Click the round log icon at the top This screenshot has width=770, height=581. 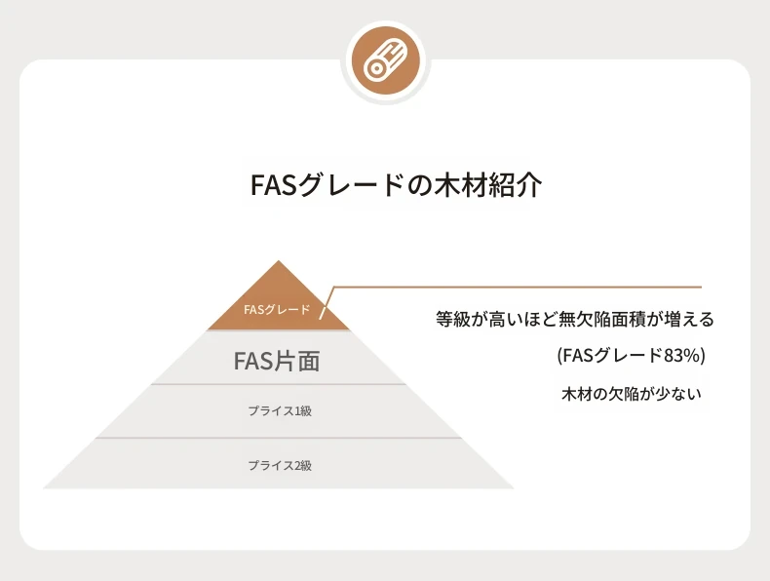[x=386, y=61]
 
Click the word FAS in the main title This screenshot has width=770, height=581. [x=273, y=185]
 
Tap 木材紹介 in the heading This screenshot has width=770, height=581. [x=491, y=185]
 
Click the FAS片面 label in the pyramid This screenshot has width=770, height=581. [x=277, y=361]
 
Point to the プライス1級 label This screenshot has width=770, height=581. [x=280, y=410]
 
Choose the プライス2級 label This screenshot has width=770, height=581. [x=280, y=465]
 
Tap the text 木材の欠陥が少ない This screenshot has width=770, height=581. [x=631, y=394]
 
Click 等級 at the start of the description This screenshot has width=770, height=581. [x=453, y=319]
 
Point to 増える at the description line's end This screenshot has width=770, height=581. [x=688, y=319]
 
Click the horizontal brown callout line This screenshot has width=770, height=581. [x=518, y=287]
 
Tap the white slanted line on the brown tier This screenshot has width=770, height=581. [x=327, y=303]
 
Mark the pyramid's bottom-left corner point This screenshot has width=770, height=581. [x=43, y=488]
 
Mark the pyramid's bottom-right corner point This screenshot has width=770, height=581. [x=515, y=488]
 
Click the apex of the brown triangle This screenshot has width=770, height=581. [x=279, y=261]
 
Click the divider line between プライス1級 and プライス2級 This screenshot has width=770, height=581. [x=279, y=438]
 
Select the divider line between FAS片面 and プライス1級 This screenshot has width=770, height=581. [x=279, y=384]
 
